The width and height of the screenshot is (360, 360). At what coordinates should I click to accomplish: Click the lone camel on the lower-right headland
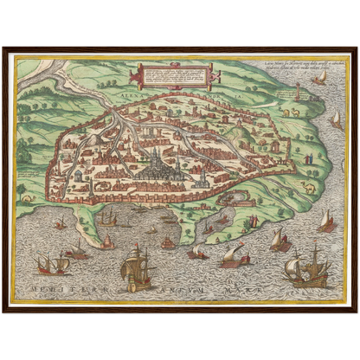308,187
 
